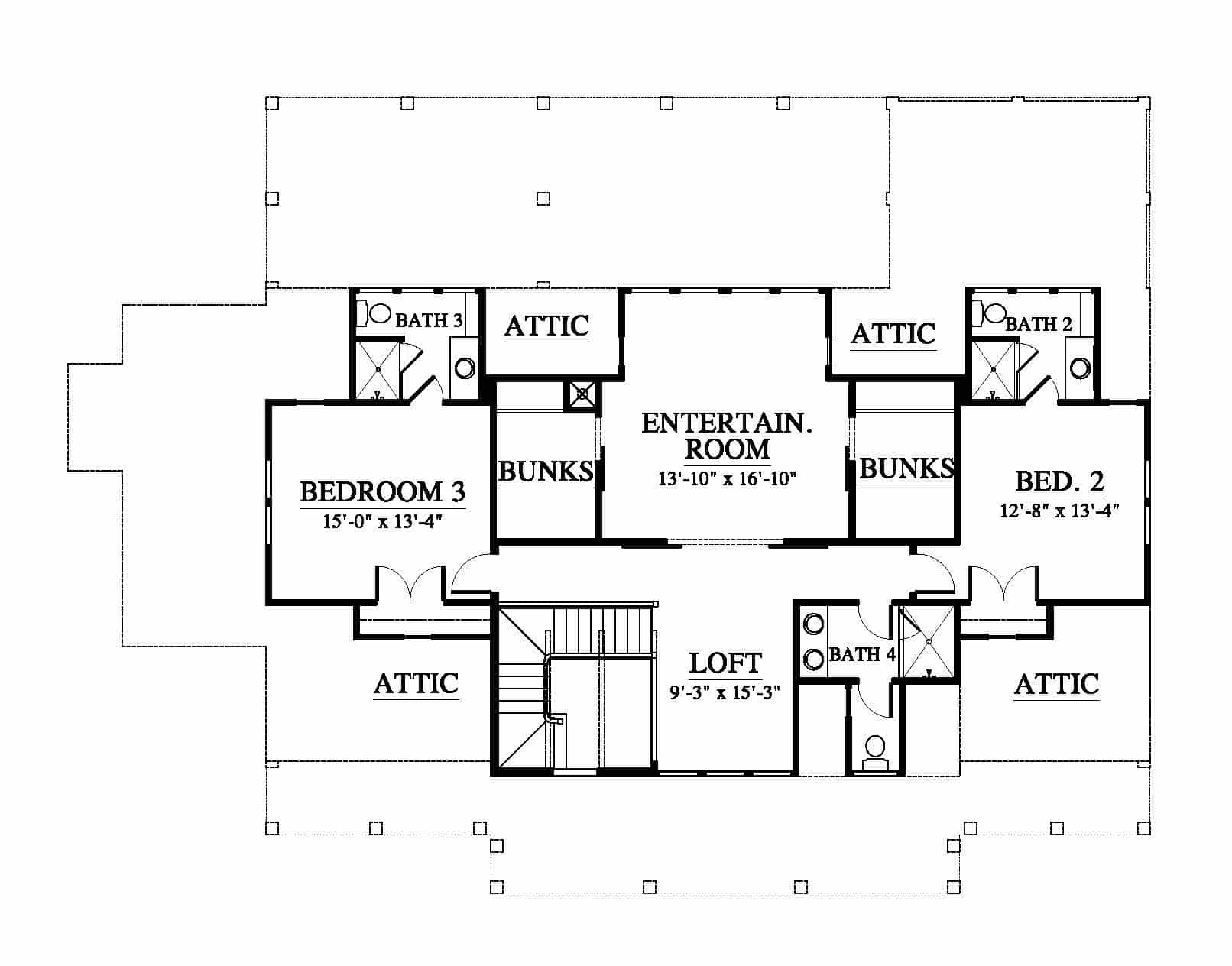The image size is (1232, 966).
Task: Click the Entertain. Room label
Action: point(727,436)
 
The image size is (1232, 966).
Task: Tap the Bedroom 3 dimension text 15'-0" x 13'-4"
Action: point(383,521)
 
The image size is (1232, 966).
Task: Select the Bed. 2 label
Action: point(1059,481)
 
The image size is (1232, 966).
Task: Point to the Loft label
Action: point(725,663)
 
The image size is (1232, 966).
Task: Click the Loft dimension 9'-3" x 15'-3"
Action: point(725,692)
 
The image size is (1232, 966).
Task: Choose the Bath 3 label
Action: point(430,320)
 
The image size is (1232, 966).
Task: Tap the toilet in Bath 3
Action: point(374,313)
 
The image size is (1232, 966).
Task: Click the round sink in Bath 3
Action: point(465,368)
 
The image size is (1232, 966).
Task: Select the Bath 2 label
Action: point(1039,324)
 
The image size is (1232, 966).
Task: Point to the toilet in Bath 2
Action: point(989,313)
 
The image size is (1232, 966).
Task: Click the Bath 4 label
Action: point(862,654)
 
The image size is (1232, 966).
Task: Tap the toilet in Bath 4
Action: point(875,752)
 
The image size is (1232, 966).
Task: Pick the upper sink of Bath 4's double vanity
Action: point(814,624)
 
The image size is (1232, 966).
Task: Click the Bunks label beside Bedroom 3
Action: point(546,471)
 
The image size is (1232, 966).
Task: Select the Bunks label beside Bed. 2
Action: point(906,468)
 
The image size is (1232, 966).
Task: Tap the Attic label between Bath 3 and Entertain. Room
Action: point(547,326)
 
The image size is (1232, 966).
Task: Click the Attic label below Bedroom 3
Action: point(417,683)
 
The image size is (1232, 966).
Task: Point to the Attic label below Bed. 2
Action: point(1057,684)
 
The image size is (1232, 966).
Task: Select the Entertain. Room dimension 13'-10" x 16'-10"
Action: point(727,478)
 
